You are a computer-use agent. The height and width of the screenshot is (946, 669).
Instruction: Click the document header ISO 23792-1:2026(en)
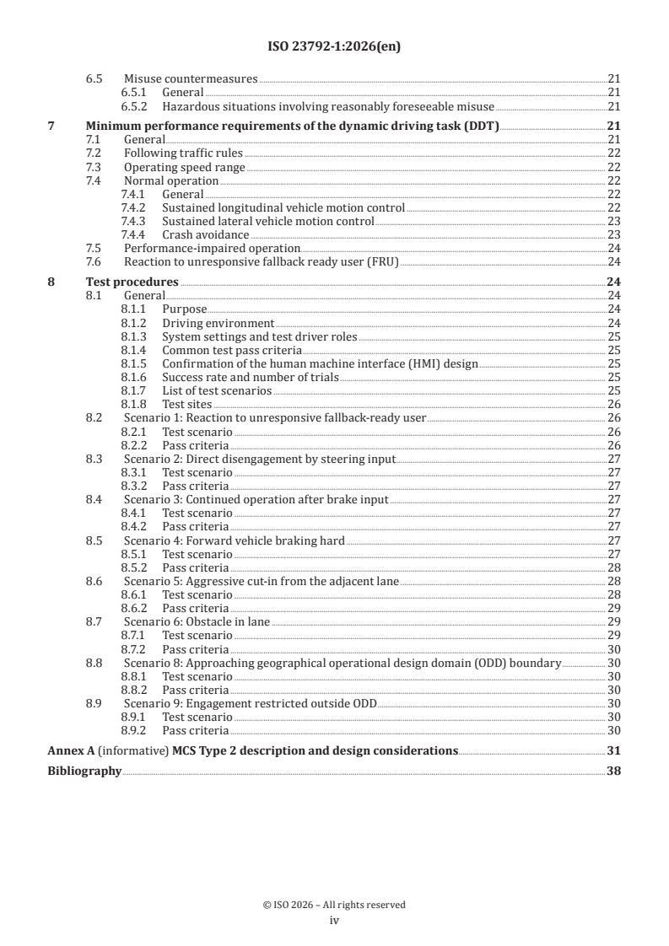(334, 47)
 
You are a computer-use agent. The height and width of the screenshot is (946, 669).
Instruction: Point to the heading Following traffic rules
(183, 153)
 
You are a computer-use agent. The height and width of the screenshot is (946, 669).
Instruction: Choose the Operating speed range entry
(185, 167)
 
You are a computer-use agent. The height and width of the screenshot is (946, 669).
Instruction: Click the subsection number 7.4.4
(133, 234)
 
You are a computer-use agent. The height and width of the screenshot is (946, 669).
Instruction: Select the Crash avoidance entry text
(205, 234)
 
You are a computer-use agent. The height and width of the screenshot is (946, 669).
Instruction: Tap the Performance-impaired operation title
(212, 248)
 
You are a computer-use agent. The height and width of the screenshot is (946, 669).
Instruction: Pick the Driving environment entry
(218, 323)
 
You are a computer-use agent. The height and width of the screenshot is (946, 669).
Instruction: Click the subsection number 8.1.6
(133, 377)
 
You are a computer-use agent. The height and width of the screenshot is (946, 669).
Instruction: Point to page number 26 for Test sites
(614, 404)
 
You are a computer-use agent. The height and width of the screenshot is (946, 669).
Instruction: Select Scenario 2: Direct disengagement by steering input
(260, 459)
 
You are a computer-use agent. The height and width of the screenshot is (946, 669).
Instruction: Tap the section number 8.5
(94, 540)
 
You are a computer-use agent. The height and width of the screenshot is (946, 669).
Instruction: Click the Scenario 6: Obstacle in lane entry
(197, 621)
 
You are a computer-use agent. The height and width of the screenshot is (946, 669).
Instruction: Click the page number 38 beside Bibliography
(614, 770)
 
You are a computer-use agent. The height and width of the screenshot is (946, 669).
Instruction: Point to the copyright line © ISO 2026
(334, 905)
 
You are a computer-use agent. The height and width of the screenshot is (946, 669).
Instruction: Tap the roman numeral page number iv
(334, 920)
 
